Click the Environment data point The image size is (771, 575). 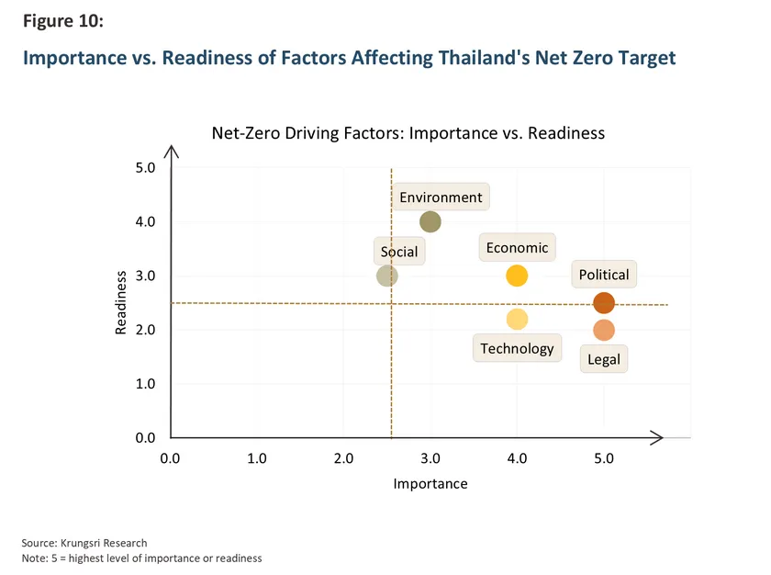click(x=430, y=221)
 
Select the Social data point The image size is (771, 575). click(x=387, y=276)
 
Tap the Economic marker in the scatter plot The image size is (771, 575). click(x=517, y=276)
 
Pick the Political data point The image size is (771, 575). click(x=604, y=303)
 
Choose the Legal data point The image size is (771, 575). click(x=604, y=330)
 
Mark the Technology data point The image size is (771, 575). click(x=517, y=319)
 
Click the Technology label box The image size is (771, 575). click(x=517, y=348)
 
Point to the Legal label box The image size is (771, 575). click(x=604, y=359)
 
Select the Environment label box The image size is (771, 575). click(x=441, y=197)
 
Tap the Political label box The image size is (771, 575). click(x=604, y=275)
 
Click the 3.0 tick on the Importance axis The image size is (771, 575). click(x=430, y=457)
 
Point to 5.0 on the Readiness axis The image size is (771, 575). click(x=146, y=168)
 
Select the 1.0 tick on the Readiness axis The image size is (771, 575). click(x=146, y=384)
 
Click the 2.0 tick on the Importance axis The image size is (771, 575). click(x=343, y=457)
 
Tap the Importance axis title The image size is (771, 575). click(x=430, y=484)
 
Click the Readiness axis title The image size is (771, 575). click(x=121, y=301)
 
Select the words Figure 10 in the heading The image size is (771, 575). click(x=63, y=23)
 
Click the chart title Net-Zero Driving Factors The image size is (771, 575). click(x=408, y=133)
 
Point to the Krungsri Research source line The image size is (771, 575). click(x=84, y=543)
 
